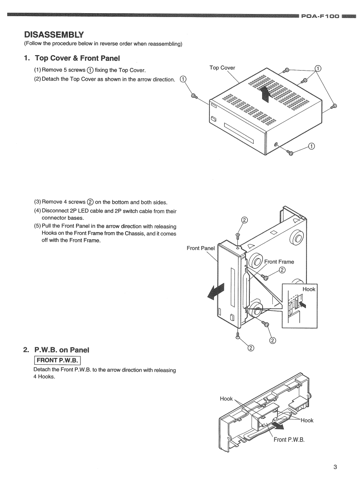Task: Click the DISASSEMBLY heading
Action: coord(54,34)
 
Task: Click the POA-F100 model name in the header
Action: coord(320,17)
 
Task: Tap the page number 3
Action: coord(335,467)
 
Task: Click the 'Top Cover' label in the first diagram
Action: coord(222,68)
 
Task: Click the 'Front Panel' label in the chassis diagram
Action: coord(201,248)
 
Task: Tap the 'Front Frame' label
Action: coord(279,262)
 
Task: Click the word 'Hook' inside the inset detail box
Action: coord(309,289)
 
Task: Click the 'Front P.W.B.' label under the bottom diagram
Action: coord(289,440)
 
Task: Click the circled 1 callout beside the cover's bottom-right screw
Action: coord(311,147)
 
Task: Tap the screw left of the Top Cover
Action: coord(194,97)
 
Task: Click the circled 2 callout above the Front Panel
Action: coord(244,220)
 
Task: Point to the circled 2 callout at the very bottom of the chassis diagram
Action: coord(251,349)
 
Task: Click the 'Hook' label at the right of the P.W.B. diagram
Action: coord(307,420)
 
